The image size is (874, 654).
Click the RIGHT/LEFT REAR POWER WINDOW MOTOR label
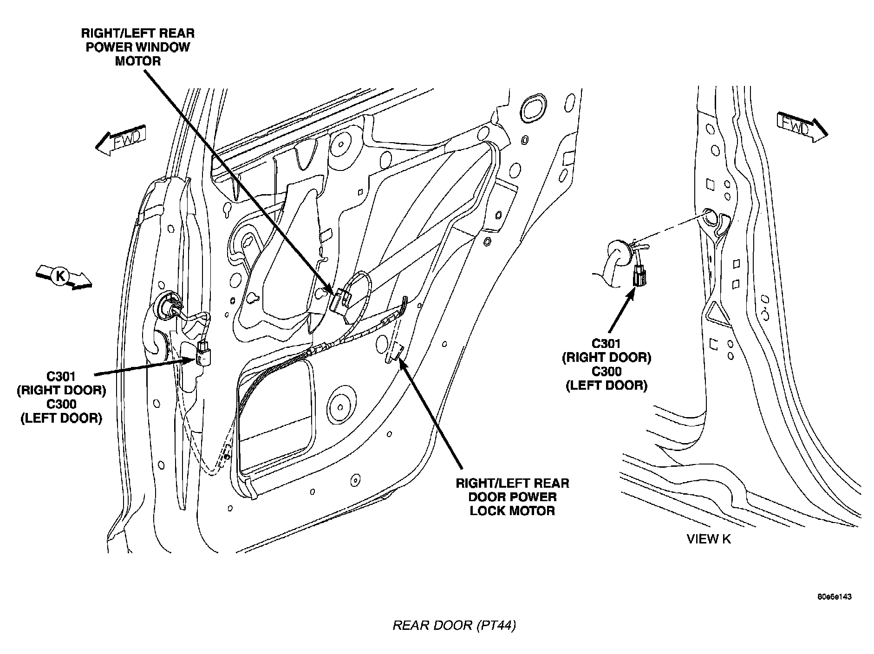point(137,47)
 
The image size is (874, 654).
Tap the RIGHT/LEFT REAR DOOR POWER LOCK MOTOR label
point(512,497)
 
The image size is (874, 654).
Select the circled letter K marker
point(60,276)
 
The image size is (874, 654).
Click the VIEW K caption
point(708,539)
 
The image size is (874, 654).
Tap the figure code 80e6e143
point(835,597)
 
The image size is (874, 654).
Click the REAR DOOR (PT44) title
point(454,625)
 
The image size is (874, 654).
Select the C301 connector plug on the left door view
point(202,353)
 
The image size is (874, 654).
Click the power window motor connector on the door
point(340,300)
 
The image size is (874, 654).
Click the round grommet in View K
point(618,253)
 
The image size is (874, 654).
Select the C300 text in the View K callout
point(607,372)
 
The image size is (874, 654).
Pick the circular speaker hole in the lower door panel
point(341,402)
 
